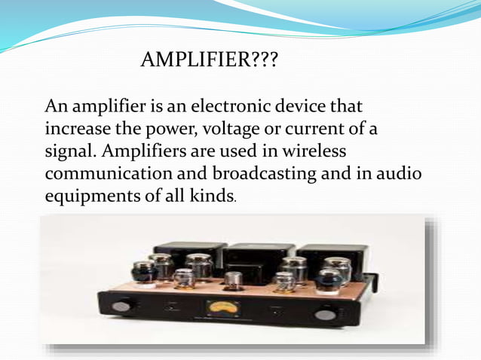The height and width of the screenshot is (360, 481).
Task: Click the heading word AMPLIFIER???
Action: (209, 59)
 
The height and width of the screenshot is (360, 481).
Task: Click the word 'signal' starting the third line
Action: (69, 151)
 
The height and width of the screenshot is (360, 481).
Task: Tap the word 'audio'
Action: (400, 173)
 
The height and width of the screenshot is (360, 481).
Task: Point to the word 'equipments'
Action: (90, 196)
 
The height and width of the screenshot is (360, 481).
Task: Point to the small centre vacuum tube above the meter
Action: (234, 281)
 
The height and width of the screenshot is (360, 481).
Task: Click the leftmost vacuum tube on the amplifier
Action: (143, 271)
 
